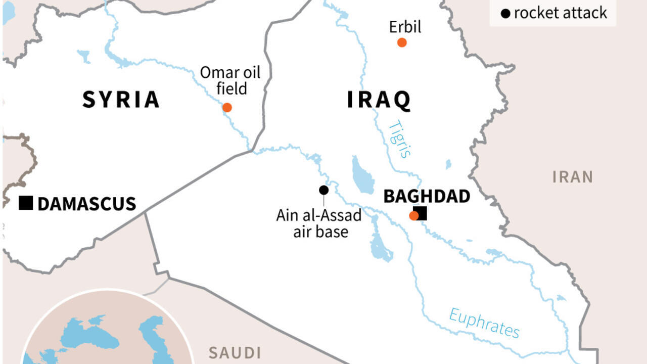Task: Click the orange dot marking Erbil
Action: pos(402,42)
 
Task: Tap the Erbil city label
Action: pos(405,27)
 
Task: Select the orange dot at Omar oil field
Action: pos(227,107)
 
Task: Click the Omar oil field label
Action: pos(230,80)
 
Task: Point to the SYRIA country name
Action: pos(121,100)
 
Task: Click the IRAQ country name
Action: pos(379,100)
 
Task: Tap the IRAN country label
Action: pos(572,177)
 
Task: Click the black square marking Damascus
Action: pos(26,203)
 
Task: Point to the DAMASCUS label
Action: pos(86,204)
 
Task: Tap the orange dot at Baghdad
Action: pos(413,216)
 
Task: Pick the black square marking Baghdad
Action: pos(421,213)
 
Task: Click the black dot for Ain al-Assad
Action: pos(323,190)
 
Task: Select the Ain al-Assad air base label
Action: pos(319,223)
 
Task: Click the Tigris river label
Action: pos(400,139)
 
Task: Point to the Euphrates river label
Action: pos(484,323)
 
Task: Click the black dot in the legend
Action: pos(505,14)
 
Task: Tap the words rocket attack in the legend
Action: pos(560,13)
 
